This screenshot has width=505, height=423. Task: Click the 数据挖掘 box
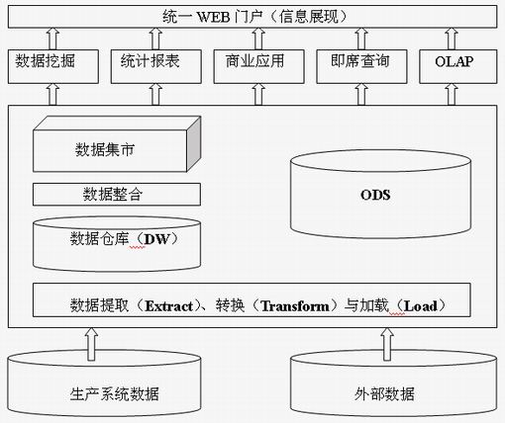coord(53,66)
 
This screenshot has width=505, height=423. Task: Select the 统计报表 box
coord(156,66)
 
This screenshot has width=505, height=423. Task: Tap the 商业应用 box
coord(259,66)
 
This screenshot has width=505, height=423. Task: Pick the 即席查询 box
coord(361,66)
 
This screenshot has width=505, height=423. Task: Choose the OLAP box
coord(458,66)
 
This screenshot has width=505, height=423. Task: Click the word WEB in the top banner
coord(213,17)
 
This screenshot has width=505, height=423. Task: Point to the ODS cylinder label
coord(375,195)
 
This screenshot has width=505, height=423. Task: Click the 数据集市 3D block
coord(117,144)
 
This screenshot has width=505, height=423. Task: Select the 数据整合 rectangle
coord(117,195)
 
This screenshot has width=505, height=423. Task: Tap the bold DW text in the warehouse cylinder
coord(156,239)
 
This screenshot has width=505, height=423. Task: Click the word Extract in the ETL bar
coord(169,306)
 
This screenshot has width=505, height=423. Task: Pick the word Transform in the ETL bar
coord(295,306)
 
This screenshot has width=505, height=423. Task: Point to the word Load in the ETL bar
coord(421,306)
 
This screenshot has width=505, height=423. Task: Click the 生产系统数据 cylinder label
coord(114,394)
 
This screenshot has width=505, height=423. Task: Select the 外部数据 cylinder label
coord(384,394)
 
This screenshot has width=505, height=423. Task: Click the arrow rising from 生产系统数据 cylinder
coord(91,344)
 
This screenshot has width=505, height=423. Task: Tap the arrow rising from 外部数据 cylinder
coord(387,344)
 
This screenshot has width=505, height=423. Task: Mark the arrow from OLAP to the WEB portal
coord(452,39)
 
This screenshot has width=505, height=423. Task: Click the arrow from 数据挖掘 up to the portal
coord(52,39)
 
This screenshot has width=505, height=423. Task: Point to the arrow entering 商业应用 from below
coord(258,94)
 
